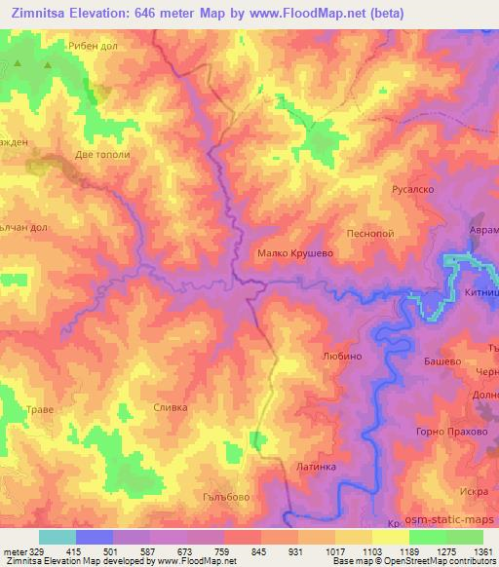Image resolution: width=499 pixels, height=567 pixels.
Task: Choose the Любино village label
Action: pos(341,357)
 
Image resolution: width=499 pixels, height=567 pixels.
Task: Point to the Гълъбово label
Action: pos(213,496)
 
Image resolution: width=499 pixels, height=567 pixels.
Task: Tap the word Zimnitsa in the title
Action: pos(42,13)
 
